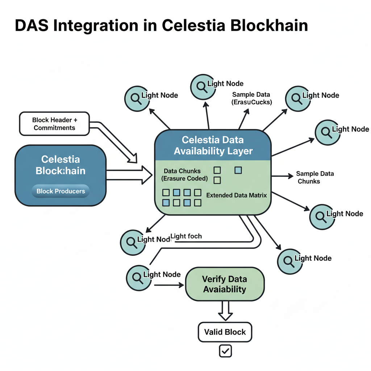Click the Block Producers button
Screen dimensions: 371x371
[x=61, y=191]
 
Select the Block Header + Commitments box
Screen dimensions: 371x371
[x=54, y=124]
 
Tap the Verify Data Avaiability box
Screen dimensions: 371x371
[x=225, y=284]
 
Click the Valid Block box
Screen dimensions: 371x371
[x=225, y=332]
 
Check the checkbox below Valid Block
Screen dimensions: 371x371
[x=225, y=351]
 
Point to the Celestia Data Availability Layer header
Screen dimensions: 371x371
[x=213, y=145]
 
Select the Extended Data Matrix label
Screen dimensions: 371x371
[x=236, y=195]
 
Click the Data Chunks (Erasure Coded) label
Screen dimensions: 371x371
[x=184, y=175]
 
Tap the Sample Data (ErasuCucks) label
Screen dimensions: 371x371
[x=251, y=98]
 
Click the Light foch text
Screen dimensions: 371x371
[x=186, y=236]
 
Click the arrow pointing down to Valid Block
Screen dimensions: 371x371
[x=225, y=311]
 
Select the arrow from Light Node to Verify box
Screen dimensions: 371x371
[x=168, y=285]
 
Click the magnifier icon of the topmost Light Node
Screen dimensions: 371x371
[x=202, y=86]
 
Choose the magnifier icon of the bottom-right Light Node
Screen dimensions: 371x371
[x=289, y=261]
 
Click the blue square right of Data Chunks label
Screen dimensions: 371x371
[x=238, y=170]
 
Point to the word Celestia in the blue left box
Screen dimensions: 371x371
[x=61, y=159]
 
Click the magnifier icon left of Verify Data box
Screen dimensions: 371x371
[x=138, y=278]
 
